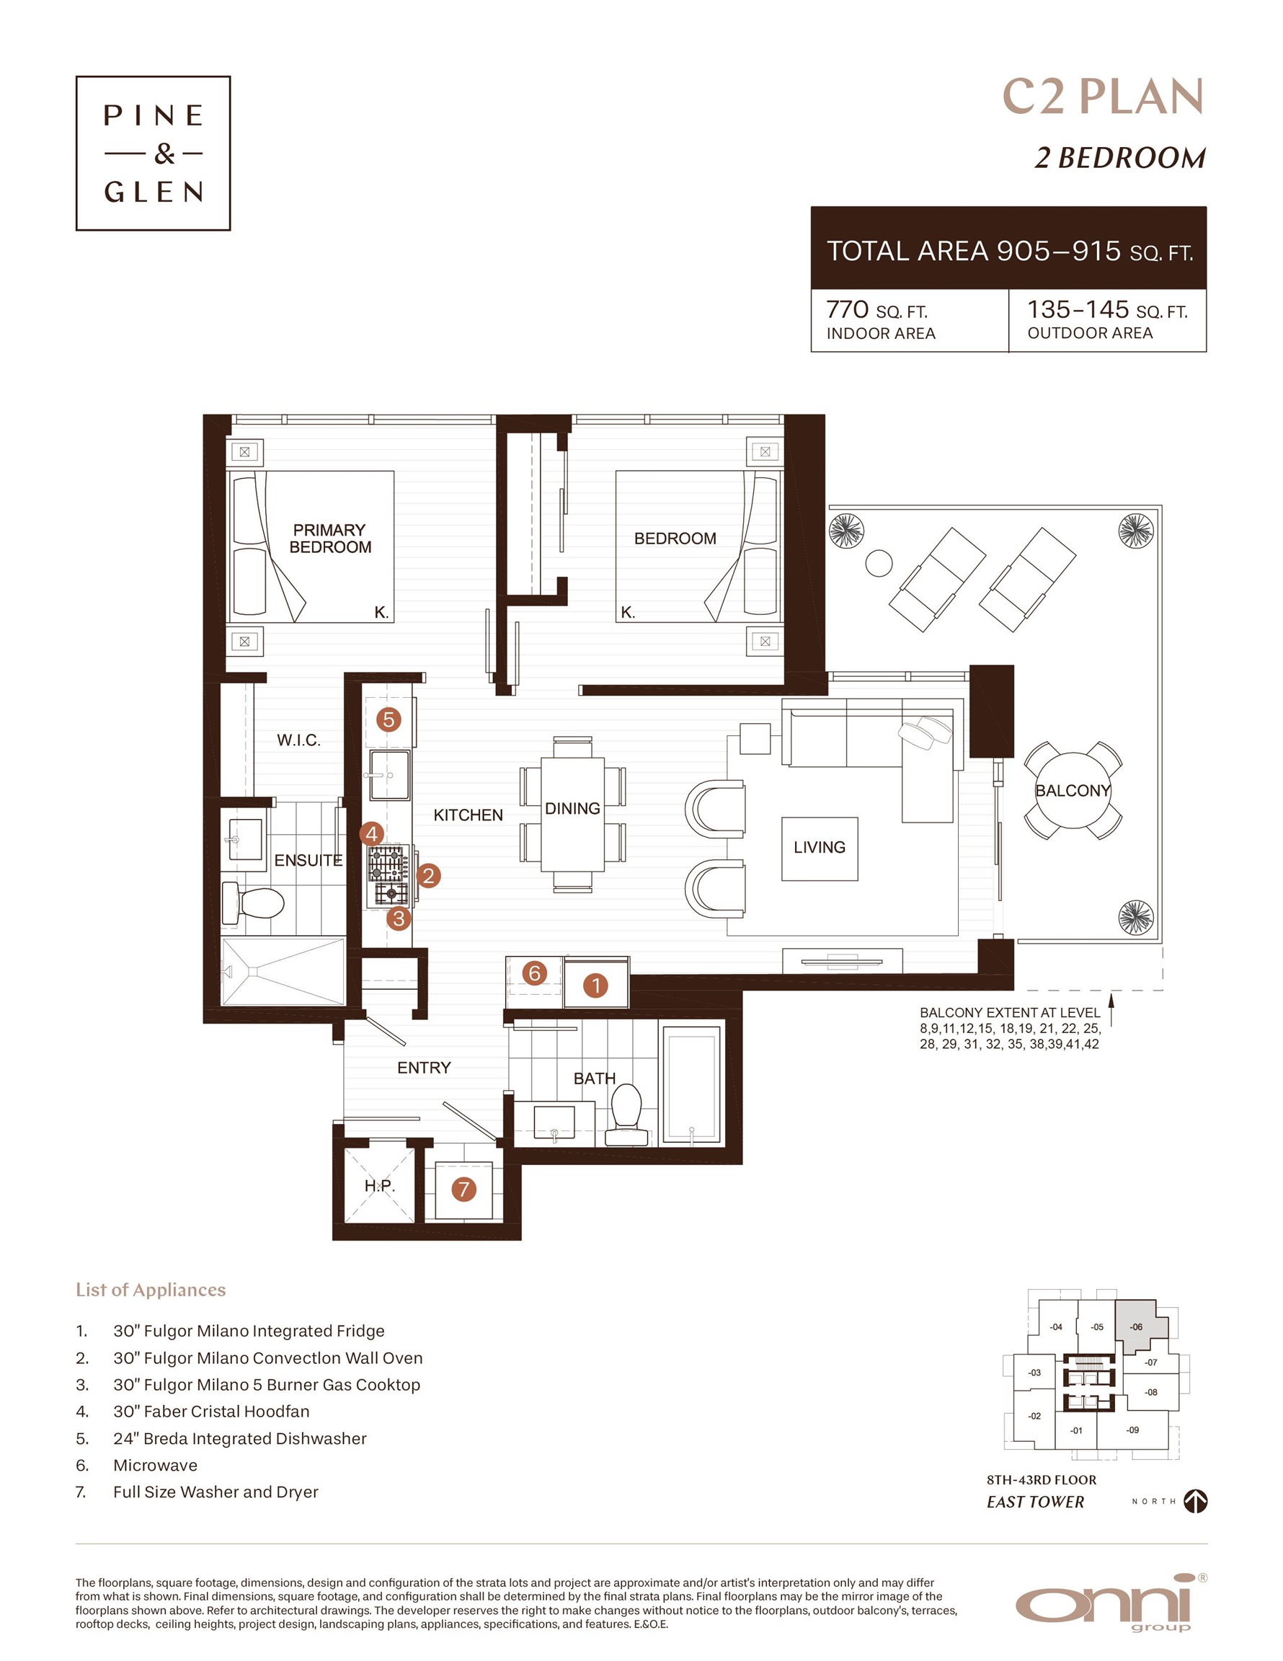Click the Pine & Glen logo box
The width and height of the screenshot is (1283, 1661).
(x=153, y=153)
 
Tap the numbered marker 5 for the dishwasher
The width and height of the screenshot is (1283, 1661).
(x=389, y=719)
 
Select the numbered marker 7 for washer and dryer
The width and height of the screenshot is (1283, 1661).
(x=464, y=1189)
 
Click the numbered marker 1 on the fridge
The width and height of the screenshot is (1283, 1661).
(x=595, y=985)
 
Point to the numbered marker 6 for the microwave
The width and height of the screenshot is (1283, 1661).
(x=535, y=973)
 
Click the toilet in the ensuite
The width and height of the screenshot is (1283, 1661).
(x=253, y=903)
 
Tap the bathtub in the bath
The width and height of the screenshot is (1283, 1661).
(x=691, y=1084)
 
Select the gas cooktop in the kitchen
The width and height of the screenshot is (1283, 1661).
(x=389, y=875)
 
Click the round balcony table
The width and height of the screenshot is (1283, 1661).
(x=1073, y=791)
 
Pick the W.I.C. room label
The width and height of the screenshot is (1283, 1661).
(x=298, y=740)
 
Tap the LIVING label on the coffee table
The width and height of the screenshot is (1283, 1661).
(x=819, y=847)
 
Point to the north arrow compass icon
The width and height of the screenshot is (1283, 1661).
(x=1196, y=1500)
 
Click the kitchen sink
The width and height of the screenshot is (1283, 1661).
(x=389, y=775)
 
